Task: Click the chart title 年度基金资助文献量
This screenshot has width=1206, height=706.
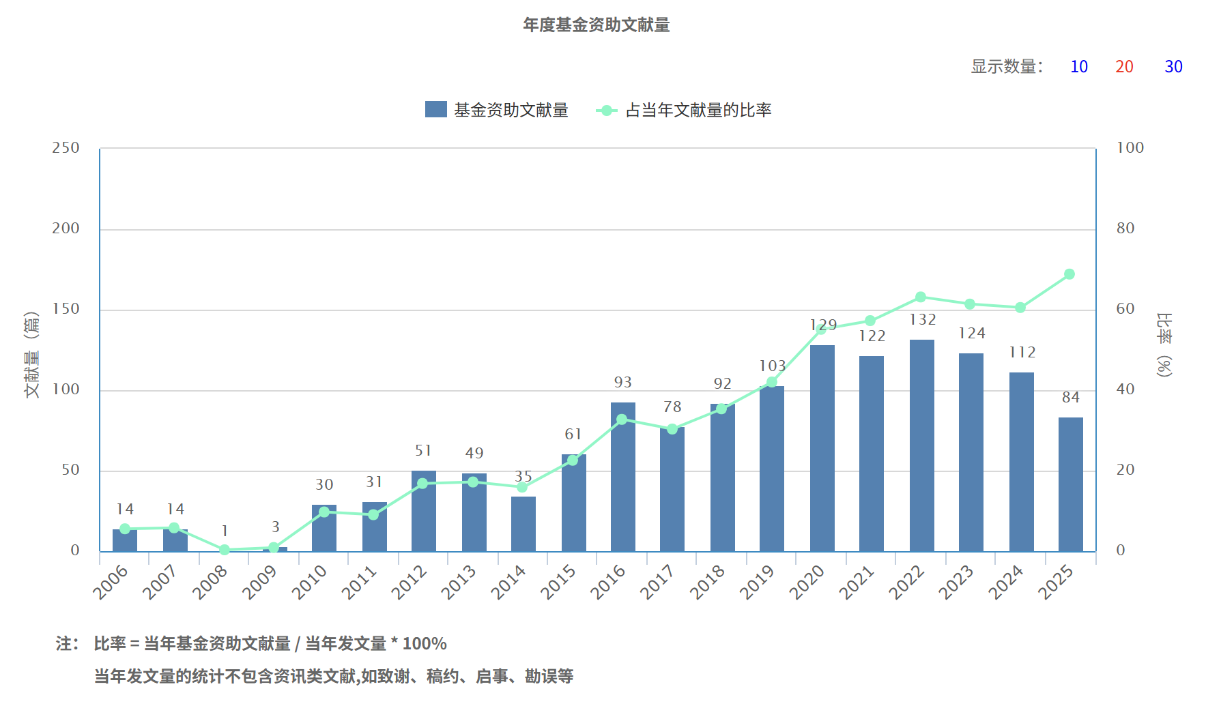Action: coord(596,25)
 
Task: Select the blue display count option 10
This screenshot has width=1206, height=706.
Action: coord(1078,67)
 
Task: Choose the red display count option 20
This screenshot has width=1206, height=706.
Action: coord(1124,67)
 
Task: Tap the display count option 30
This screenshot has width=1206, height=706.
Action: coord(1173,67)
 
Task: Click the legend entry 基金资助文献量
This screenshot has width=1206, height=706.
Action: coord(497,110)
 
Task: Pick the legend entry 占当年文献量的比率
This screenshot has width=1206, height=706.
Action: coord(685,110)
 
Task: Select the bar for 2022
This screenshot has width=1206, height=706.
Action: coord(921,445)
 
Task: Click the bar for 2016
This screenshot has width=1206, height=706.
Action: coord(622,476)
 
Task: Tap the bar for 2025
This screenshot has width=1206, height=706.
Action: coord(1070,484)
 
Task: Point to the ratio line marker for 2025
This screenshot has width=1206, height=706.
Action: coord(1069,274)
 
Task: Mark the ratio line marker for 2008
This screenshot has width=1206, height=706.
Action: coord(225,550)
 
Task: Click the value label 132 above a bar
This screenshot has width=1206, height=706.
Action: coord(922,320)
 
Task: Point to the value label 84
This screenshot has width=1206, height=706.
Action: coord(1070,398)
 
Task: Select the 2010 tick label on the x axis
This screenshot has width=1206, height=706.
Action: coord(310,582)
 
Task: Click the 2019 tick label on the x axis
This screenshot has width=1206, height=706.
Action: coord(757,582)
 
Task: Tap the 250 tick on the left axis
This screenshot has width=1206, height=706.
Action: coord(66,148)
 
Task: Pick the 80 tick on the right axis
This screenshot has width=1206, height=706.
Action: coord(1125,229)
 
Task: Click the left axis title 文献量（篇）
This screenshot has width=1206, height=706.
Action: coord(31,354)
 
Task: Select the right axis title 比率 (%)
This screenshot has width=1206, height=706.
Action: coord(1164,344)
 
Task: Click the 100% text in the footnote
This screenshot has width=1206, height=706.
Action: coord(425,643)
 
